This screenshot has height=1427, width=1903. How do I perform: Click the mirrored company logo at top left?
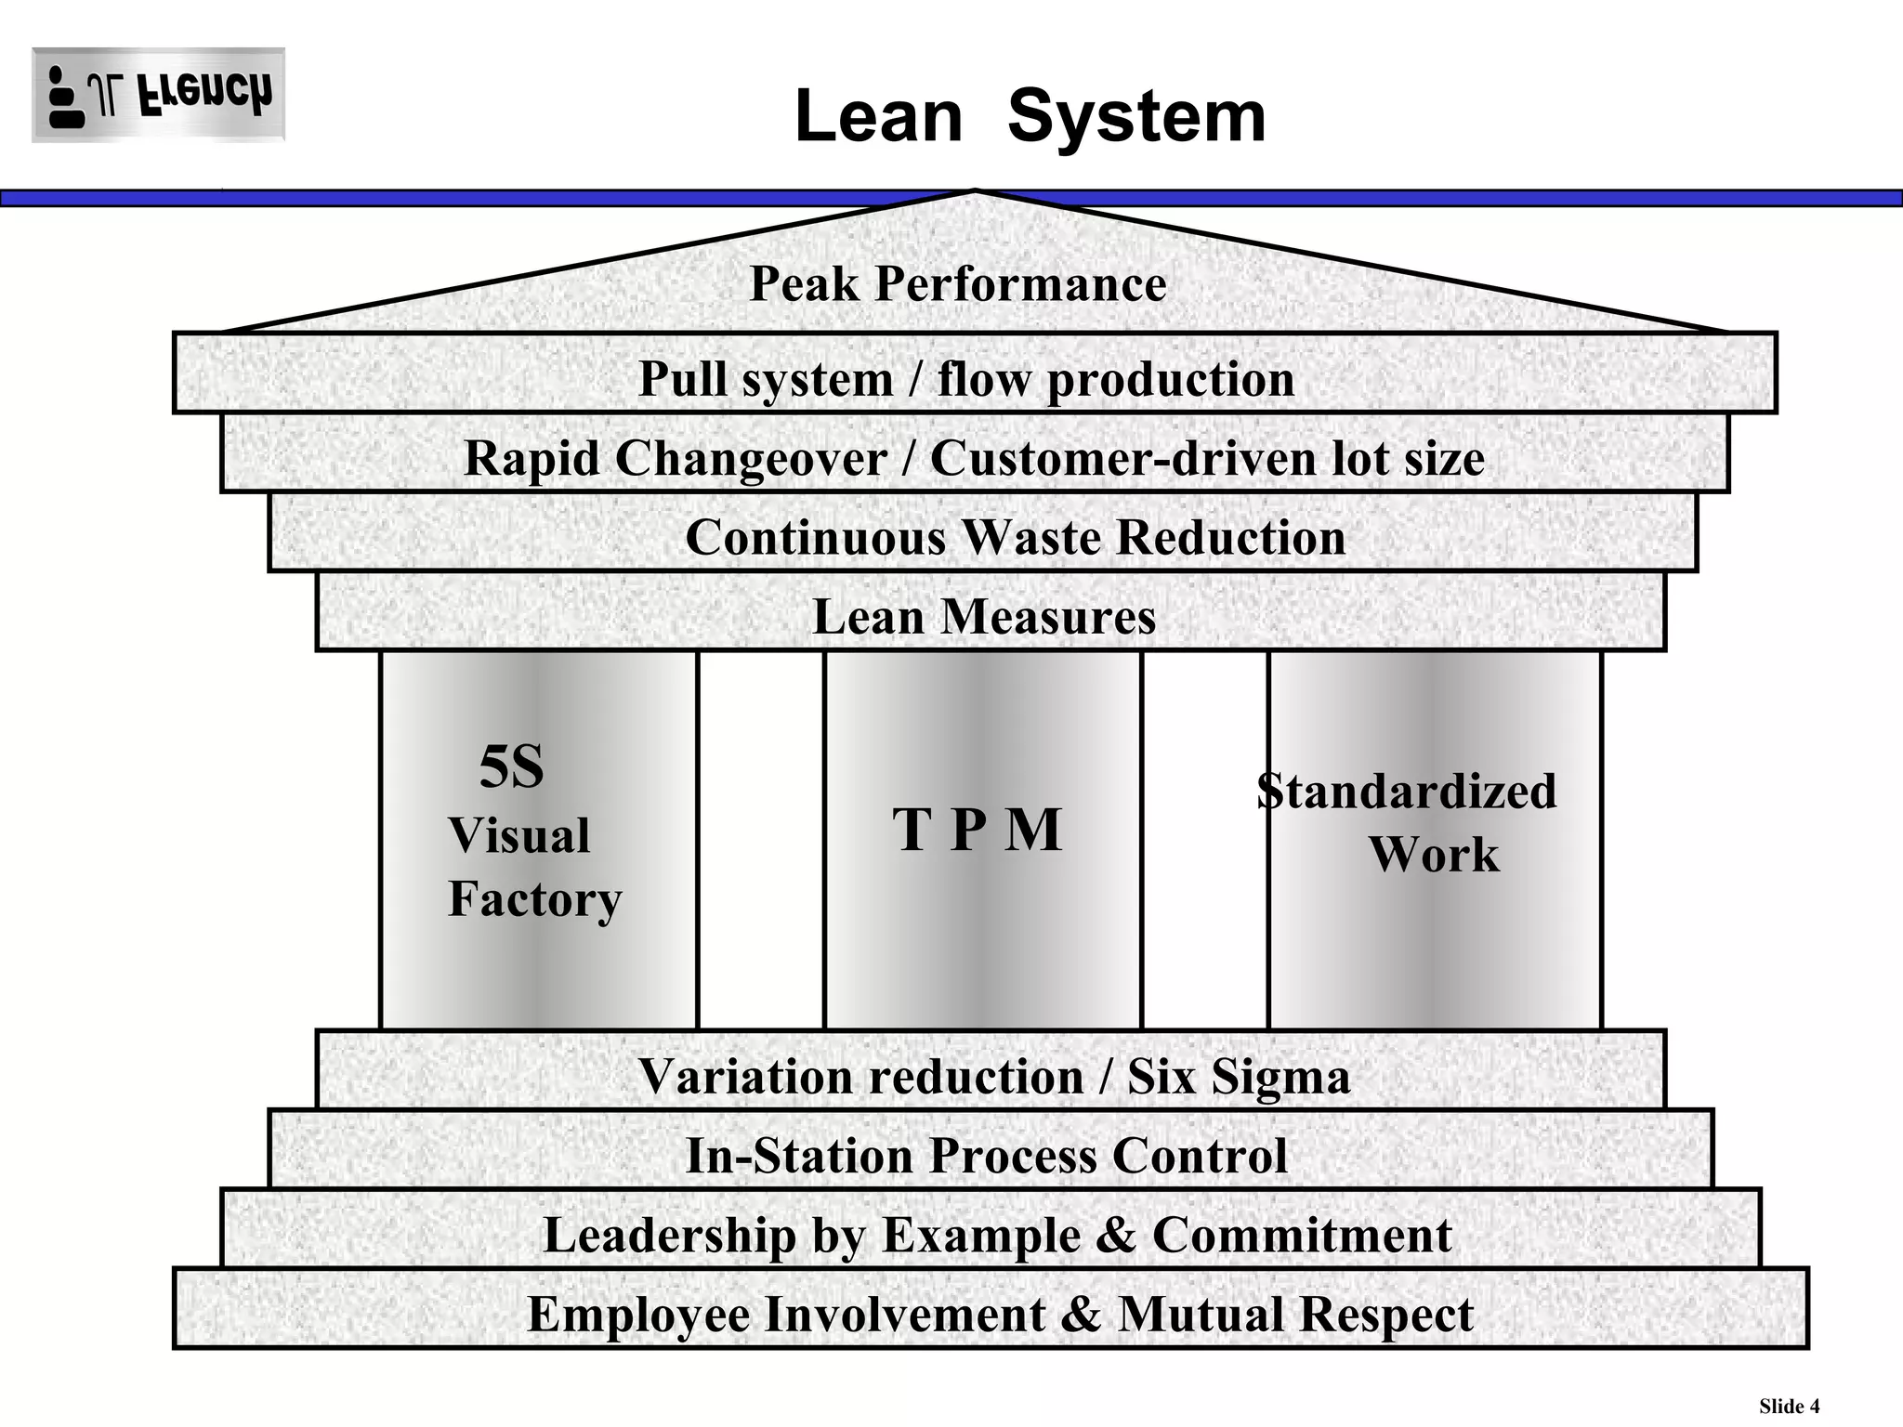click(158, 96)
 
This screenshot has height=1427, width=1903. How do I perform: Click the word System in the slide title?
click(1136, 117)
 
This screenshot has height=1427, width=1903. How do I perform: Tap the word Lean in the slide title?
click(879, 117)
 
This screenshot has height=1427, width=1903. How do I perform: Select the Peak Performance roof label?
click(958, 283)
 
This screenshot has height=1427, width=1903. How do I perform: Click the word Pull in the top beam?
click(683, 379)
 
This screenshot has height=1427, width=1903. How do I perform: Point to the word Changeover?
click(751, 458)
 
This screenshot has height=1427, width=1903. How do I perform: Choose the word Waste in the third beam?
click(1030, 537)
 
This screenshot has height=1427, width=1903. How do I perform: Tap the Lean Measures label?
click(984, 617)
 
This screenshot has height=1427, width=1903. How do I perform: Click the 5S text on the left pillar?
click(511, 767)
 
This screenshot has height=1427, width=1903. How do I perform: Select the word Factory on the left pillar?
click(535, 899)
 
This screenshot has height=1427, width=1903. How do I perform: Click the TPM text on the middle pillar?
click(977, 829)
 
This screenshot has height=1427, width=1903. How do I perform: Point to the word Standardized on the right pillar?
click(1407, 792)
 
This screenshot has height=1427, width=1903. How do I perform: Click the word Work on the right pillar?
click(1434, 855)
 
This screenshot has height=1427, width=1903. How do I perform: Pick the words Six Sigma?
click(1239, 1078)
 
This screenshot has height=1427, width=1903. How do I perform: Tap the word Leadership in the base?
click(670, 1236)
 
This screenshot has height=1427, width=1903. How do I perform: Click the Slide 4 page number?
click(1789, 1406)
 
